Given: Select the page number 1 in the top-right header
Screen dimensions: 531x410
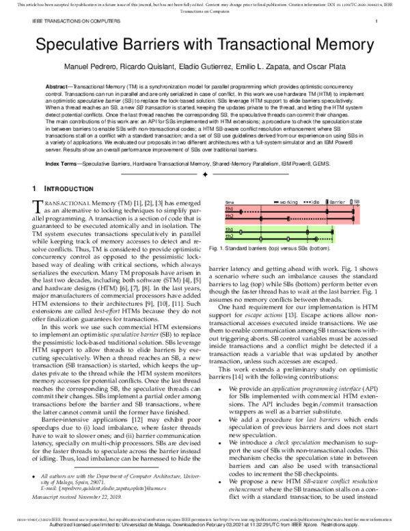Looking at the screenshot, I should [377, 22].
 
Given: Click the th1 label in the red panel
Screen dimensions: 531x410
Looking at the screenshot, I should [230, 209].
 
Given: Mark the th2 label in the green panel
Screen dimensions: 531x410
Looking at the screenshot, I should [230, 237].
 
